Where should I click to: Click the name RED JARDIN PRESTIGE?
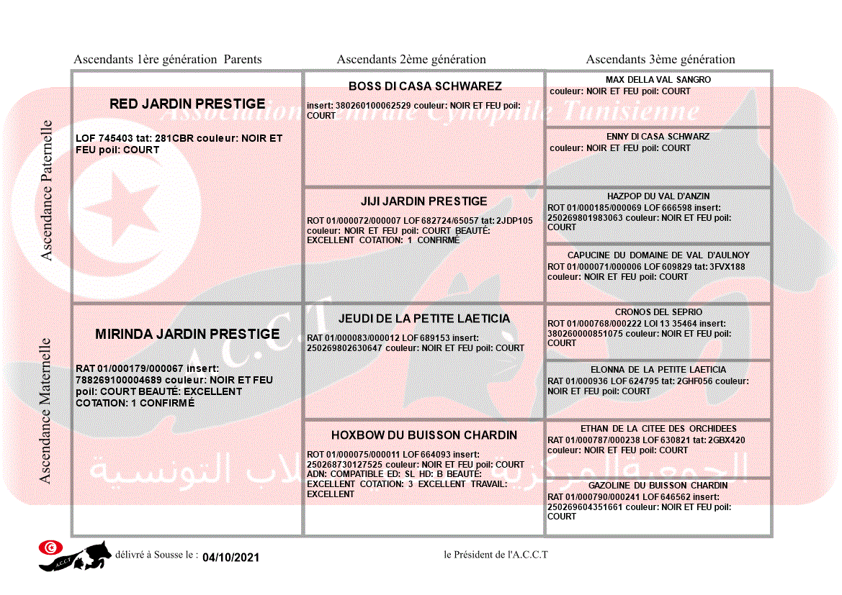pos(187,104)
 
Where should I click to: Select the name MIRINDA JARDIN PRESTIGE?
pos(187,334)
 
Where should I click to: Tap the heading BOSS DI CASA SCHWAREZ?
pos(425,86)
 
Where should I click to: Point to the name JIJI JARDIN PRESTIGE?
pos(424,201)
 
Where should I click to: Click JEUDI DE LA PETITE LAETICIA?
pos(424,319)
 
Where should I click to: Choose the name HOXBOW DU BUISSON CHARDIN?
pos(424,435)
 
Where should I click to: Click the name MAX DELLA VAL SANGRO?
pos(658,80)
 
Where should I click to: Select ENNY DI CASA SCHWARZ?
pos(658,137)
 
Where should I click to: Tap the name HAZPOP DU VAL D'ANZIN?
pos(658,196)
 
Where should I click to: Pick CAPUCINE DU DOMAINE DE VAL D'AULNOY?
pos(658,255)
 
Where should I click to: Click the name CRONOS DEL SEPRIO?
pos(658,313)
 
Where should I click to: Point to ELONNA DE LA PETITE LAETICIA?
pos(658,370)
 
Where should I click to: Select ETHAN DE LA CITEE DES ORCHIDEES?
pos(658,429)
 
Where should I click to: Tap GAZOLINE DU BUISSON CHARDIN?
pos(658,486)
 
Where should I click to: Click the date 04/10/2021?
pos(230,558)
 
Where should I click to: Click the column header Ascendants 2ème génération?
pos(411,60)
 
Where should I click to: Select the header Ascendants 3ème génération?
pos(660,60)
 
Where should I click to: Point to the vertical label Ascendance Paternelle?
pos(47,191)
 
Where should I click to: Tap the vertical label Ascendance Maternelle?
pos(45,412)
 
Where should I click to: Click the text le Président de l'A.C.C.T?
pos(496,555)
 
